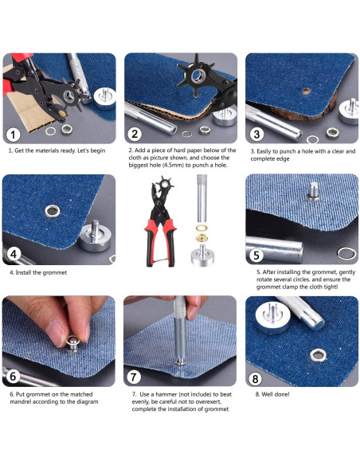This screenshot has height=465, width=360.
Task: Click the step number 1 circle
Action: (13, 135)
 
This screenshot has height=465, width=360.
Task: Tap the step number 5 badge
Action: (256, 256)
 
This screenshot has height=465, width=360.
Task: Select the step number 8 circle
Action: (255, 379)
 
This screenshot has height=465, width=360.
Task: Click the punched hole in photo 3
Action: (306, 91)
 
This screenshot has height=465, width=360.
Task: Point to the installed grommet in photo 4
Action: (53, 211)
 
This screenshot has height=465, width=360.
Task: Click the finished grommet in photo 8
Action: (318, 355)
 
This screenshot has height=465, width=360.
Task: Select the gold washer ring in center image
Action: (202, 229)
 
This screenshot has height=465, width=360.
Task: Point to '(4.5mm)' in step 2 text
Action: (173, 165)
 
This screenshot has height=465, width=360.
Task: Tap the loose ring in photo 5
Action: (346, 254)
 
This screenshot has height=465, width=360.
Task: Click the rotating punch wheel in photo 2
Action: (196, 76)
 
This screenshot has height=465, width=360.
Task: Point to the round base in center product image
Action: (202, 256)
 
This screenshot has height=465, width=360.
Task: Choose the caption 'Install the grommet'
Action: (41, 272)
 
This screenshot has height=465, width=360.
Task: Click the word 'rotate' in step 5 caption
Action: (264, 279)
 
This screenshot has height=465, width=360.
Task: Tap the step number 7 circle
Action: (134, 377)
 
